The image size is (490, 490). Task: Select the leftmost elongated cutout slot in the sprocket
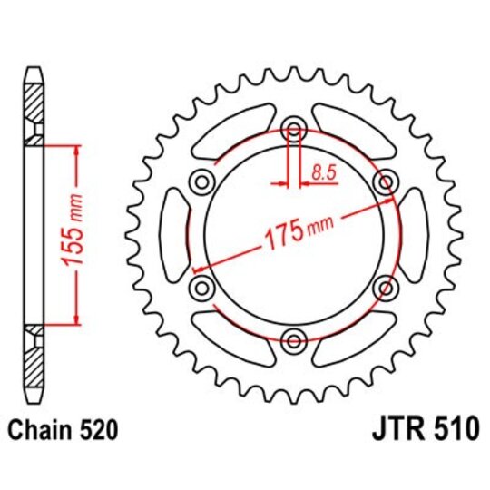[x=172, y=234]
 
